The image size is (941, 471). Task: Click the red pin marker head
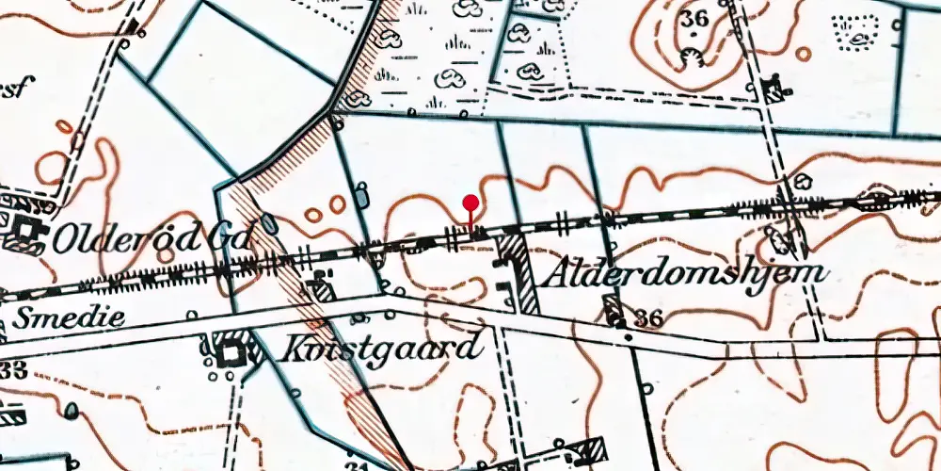pos(471,202)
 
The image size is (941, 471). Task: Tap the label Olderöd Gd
pos(152,240)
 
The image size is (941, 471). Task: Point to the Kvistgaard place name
pos(380,348)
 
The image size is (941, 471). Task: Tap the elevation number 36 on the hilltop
pos(695,20)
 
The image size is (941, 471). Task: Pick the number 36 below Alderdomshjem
pos(647,319)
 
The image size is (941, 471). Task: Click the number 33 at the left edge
pos(12,370)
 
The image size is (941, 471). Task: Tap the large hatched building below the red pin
pos(518,273)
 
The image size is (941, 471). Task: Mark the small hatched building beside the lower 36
pos(614,308)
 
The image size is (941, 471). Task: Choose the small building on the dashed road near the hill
pos(776,89)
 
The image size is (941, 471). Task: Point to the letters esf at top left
pos(14,89)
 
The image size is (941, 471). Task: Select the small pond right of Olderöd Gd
pos(269,224)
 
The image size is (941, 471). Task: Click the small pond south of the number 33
pos(71,411)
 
